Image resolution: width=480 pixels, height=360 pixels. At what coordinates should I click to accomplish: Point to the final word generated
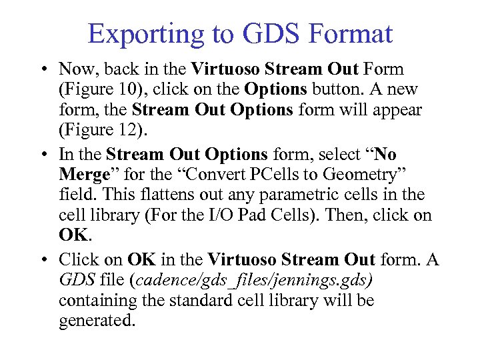97,320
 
